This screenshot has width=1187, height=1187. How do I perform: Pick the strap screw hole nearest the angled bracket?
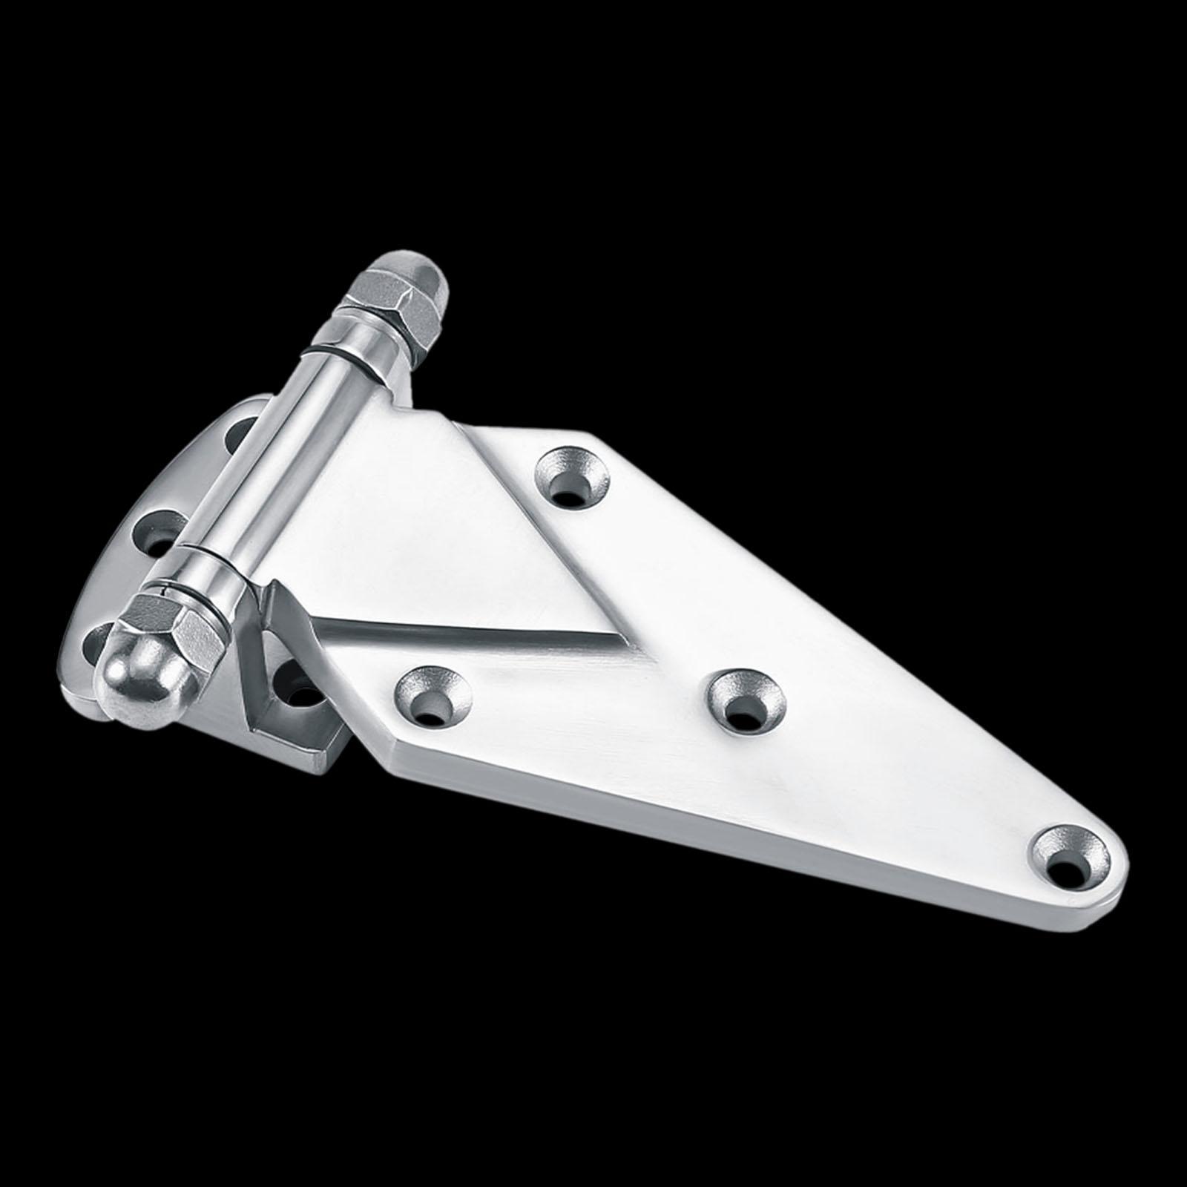[x=433, y=697]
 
